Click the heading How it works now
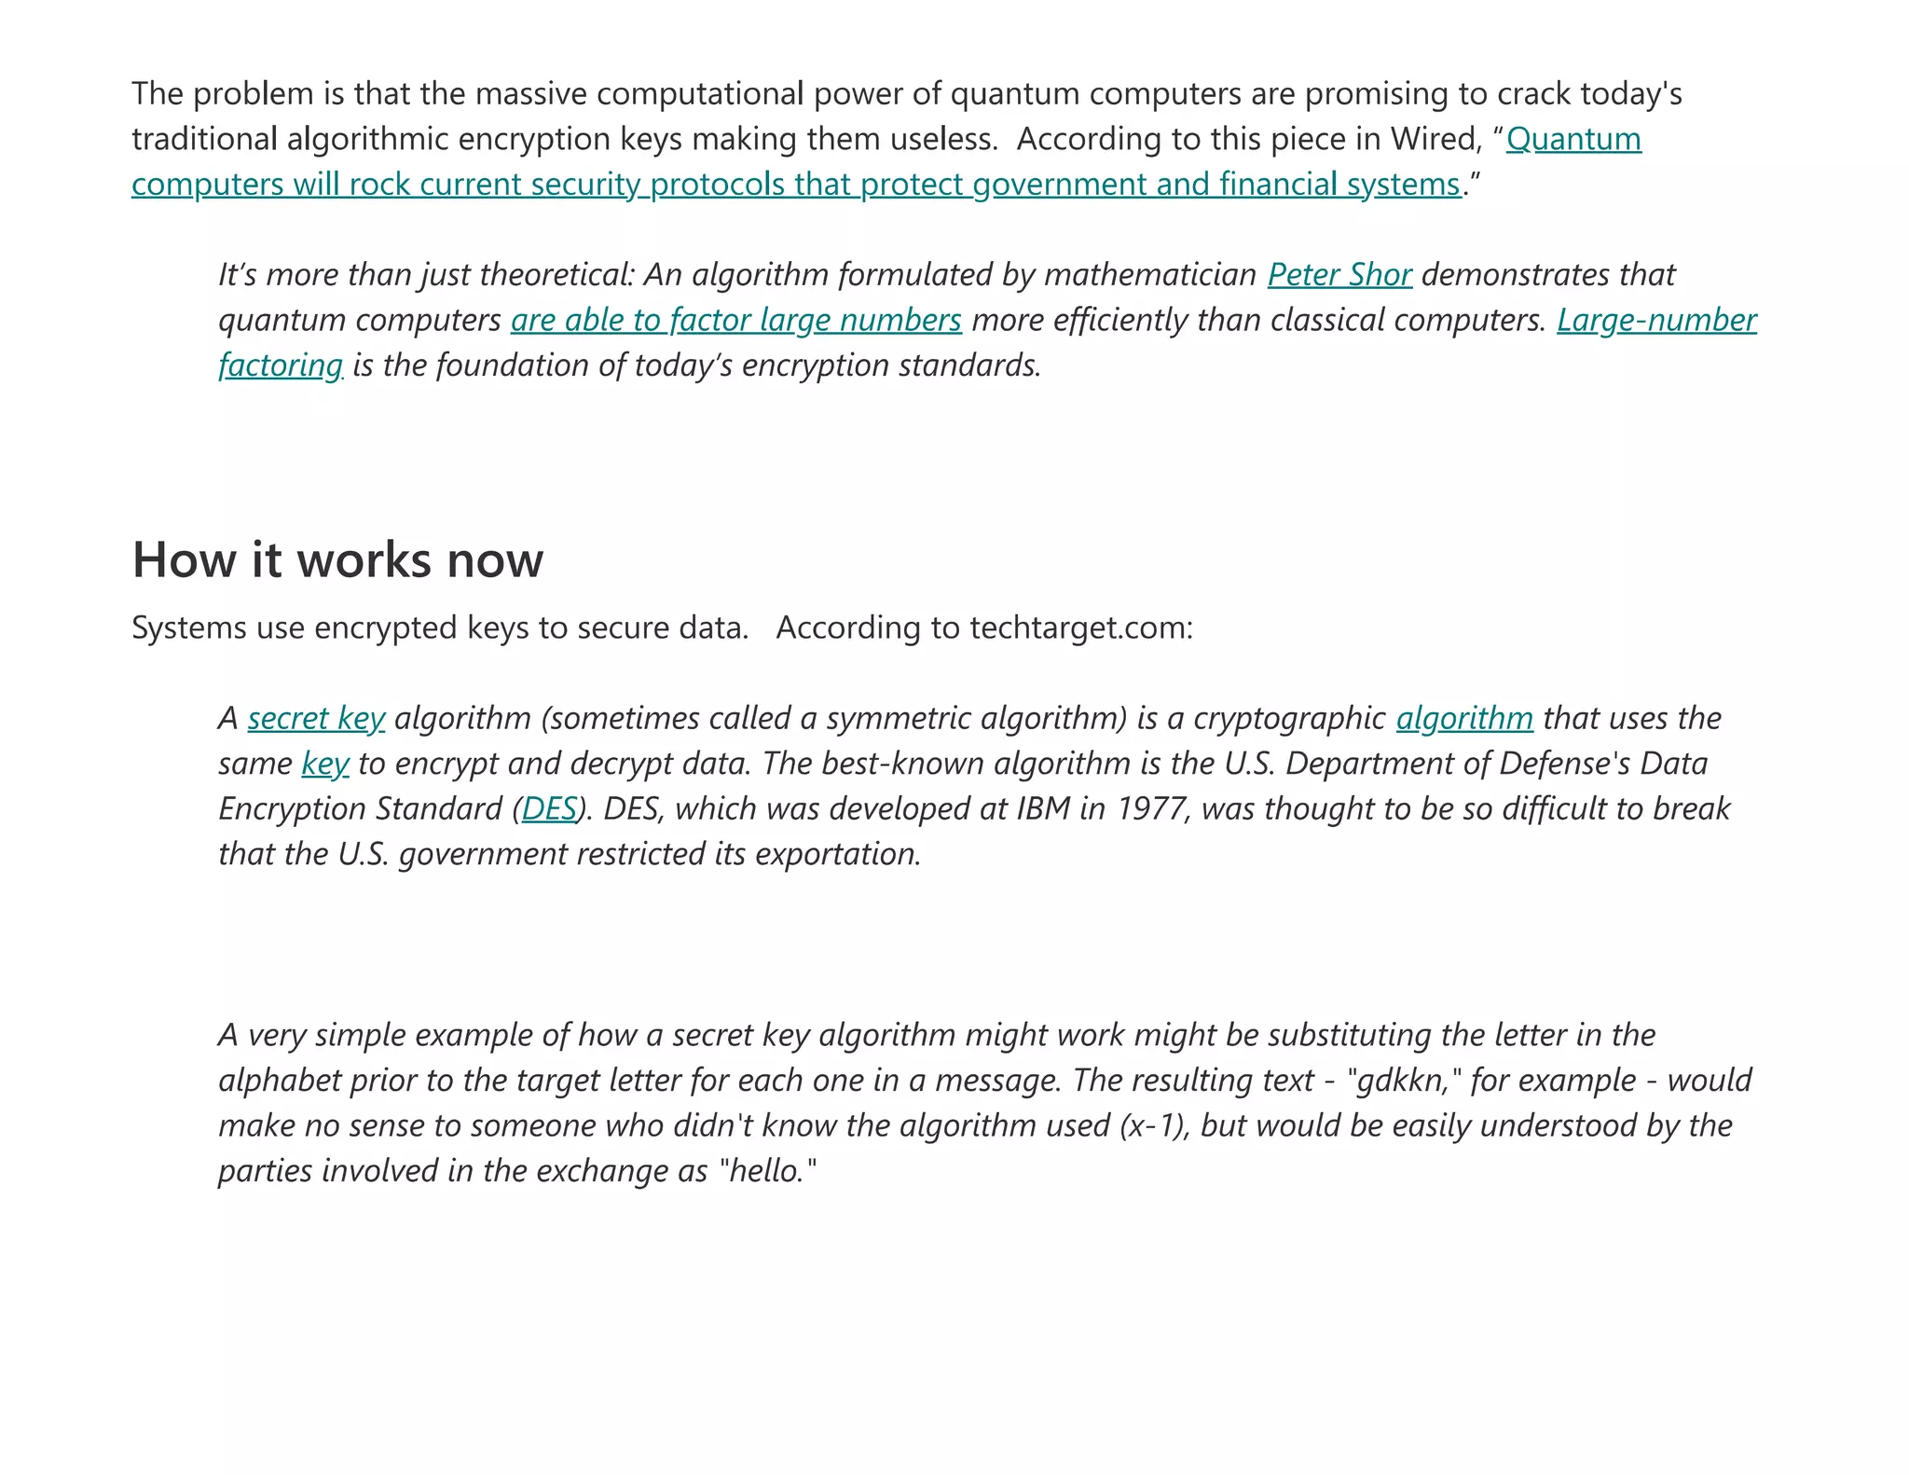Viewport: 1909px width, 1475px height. (x=337, y=560)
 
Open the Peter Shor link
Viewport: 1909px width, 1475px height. (x=1339, y=275)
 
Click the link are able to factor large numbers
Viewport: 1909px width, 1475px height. (x=735, y=320)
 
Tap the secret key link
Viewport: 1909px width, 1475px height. (x=316, y=718)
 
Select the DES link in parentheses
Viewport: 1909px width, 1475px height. (x=549, y=808)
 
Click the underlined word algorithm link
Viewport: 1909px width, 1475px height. (x=1464, y=718)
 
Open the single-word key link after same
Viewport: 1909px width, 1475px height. (x=325, y=764)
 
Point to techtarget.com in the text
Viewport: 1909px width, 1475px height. (x=1081, y=628)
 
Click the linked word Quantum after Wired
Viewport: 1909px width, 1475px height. (x=1573, y=139)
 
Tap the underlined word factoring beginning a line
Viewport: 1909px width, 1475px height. (x=281, y=365)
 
